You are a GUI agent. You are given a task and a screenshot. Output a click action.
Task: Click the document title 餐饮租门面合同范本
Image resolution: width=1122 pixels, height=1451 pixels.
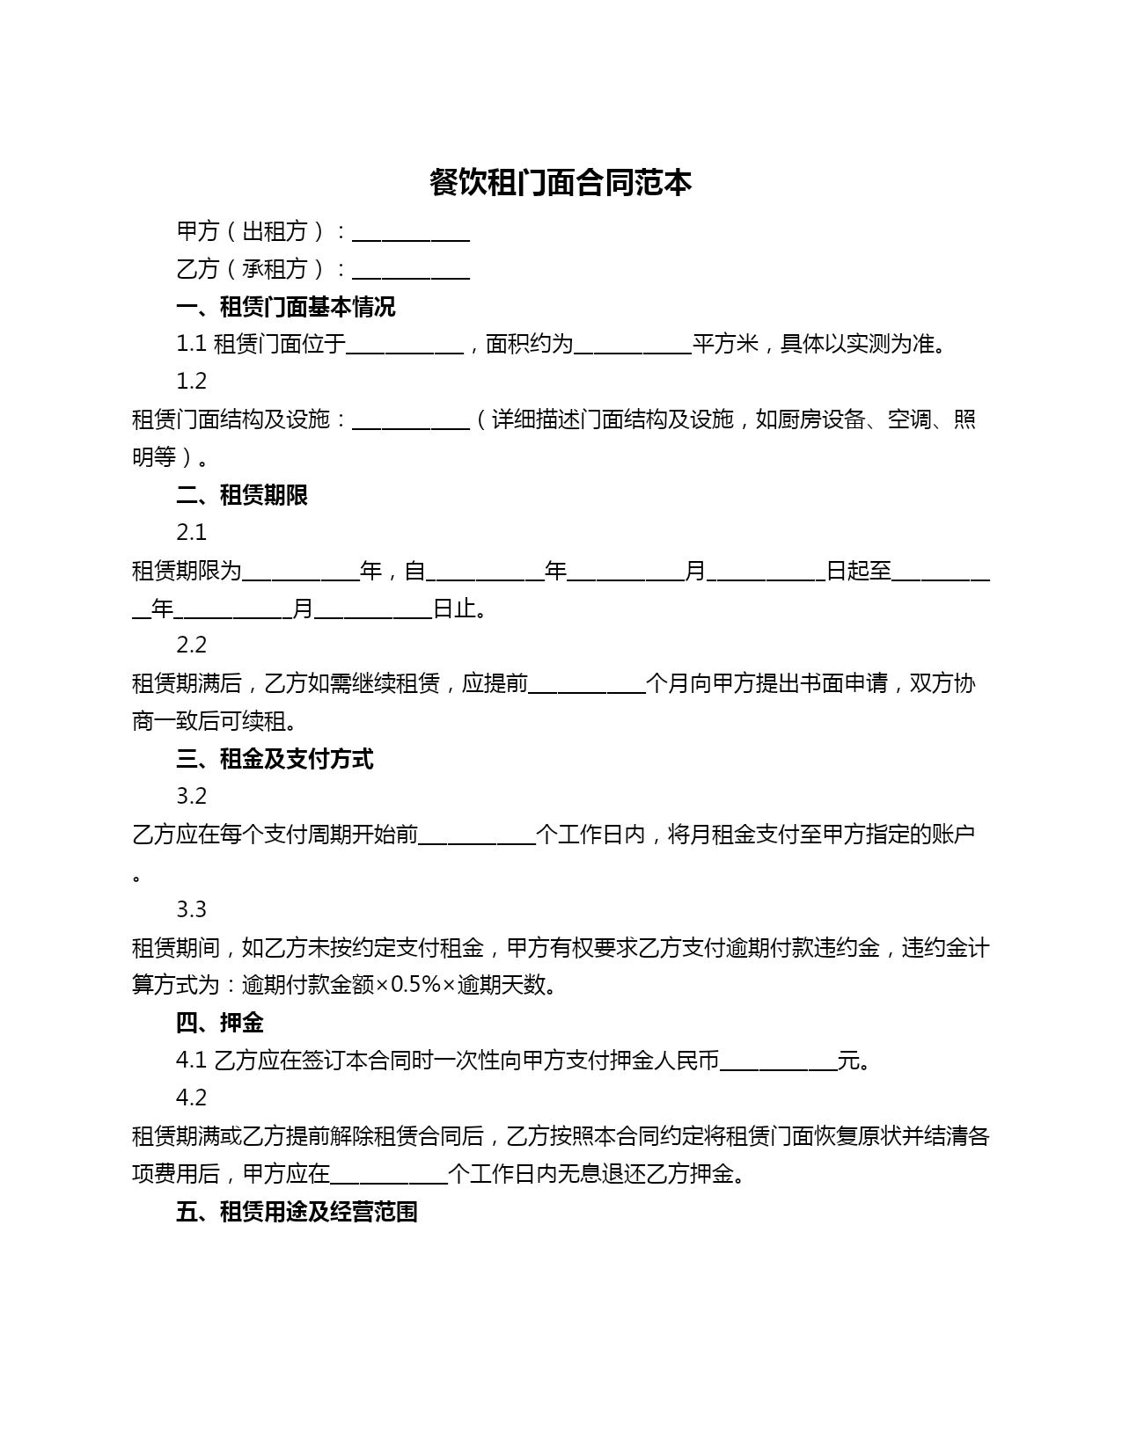[561, 183]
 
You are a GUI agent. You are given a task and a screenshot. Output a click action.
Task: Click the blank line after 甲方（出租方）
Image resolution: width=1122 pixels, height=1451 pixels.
[410, 234]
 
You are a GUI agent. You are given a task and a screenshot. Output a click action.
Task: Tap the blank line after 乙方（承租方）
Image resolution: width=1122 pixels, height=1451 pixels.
[410, 272]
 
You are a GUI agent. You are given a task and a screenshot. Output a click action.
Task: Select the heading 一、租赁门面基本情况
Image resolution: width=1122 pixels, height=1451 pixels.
[286, 307]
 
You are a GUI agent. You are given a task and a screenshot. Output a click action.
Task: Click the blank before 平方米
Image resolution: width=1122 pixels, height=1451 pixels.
[632, 346]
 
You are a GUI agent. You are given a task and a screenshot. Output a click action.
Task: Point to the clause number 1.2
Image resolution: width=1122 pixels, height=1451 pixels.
[192, 382]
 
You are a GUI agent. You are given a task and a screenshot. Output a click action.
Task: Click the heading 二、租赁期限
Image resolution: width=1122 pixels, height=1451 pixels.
[242, 495]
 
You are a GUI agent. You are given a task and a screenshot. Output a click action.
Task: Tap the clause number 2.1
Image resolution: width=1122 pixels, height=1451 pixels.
[192, 533]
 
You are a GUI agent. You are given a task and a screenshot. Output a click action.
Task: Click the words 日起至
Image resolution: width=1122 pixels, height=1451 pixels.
[858, 572]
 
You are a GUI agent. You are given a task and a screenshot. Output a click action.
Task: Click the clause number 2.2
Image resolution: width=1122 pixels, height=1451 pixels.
[192, 645]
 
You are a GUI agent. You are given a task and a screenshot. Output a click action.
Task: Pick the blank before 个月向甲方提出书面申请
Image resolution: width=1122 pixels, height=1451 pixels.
[587, 685]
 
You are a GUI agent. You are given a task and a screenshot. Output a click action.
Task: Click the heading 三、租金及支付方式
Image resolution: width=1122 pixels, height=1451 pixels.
[275, 759]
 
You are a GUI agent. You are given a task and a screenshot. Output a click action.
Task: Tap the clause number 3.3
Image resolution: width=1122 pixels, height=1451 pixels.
[192, 909]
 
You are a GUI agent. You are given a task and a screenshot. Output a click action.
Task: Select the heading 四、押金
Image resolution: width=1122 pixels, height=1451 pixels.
[220, 1023]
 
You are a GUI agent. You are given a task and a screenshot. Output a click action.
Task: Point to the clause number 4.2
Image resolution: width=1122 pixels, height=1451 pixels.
[192, 1098]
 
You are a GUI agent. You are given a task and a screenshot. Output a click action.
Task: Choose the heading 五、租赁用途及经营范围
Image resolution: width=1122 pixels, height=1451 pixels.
[297, 1212]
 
